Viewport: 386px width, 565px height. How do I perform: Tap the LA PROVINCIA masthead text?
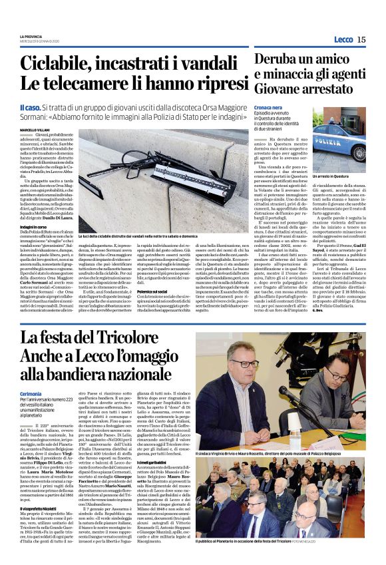click(31, 35)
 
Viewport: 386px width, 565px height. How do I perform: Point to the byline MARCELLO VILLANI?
click(35, 130)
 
